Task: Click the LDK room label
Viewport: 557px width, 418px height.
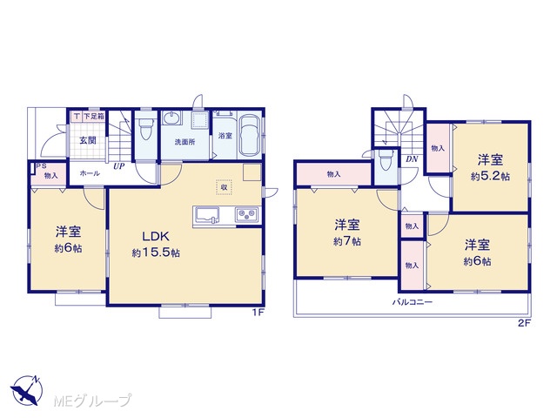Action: (x=156, y=236)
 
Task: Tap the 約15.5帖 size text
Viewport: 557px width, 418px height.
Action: (x=156, y=253)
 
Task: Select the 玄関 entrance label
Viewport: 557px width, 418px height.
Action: (x=87, y=140)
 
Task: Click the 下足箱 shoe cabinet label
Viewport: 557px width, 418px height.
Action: (x=94, y=116)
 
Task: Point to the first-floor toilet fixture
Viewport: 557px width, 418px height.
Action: (x=145, y=130)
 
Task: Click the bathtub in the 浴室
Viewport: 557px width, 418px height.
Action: (x=249, y=136)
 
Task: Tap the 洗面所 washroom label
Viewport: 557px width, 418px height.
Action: (x=185, y=142)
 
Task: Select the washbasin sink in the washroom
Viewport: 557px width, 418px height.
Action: (x=172, y=118)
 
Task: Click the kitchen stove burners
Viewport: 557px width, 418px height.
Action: (x=246, y=214)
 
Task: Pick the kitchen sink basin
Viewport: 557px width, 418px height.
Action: (x=207, y=215)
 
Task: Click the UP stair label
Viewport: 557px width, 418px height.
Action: (x=119, y=165)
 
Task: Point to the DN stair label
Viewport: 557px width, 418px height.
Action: (x=412, y=159)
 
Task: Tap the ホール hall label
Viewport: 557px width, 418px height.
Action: (x=90, y=173)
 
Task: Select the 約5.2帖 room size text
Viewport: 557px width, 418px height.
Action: (x=490, y=177)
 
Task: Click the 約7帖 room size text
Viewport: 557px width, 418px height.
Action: (x=347, y=242)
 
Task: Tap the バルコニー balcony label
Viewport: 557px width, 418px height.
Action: (x=412, y=302)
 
